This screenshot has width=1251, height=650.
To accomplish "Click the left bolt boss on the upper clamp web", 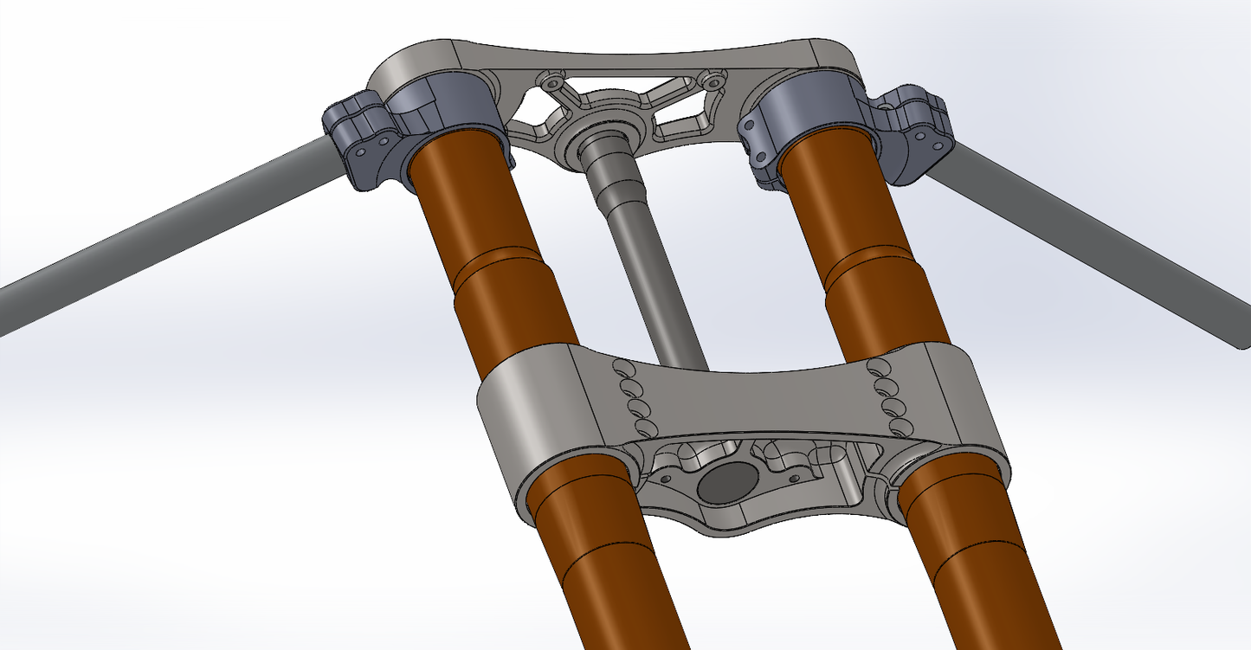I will click(x=551, y=82).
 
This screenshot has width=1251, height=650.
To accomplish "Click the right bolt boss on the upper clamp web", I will click(x=713, y=80).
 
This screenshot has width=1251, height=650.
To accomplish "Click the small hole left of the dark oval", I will click(x=665, y=477).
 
